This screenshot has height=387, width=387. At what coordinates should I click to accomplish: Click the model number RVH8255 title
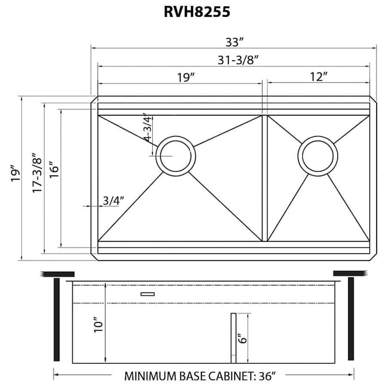click(197, 12)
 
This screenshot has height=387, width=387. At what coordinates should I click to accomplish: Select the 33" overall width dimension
click(235, 42)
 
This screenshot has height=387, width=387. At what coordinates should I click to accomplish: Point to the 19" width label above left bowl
click(186, 77)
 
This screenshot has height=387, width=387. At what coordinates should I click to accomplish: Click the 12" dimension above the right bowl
click(318, 77)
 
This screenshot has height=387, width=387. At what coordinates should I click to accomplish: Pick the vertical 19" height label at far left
click(15, 174)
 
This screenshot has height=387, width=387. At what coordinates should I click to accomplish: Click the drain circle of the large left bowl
click(176, 155)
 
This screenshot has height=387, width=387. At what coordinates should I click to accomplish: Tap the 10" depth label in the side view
click(98, 325)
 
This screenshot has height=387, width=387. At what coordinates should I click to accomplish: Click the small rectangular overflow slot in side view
click(147, 294)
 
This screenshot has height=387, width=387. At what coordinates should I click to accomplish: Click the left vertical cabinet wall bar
click(56, 319)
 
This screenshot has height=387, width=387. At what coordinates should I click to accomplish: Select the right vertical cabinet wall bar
click(351, 319)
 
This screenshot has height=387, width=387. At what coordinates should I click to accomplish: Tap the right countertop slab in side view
click(349, 273)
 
